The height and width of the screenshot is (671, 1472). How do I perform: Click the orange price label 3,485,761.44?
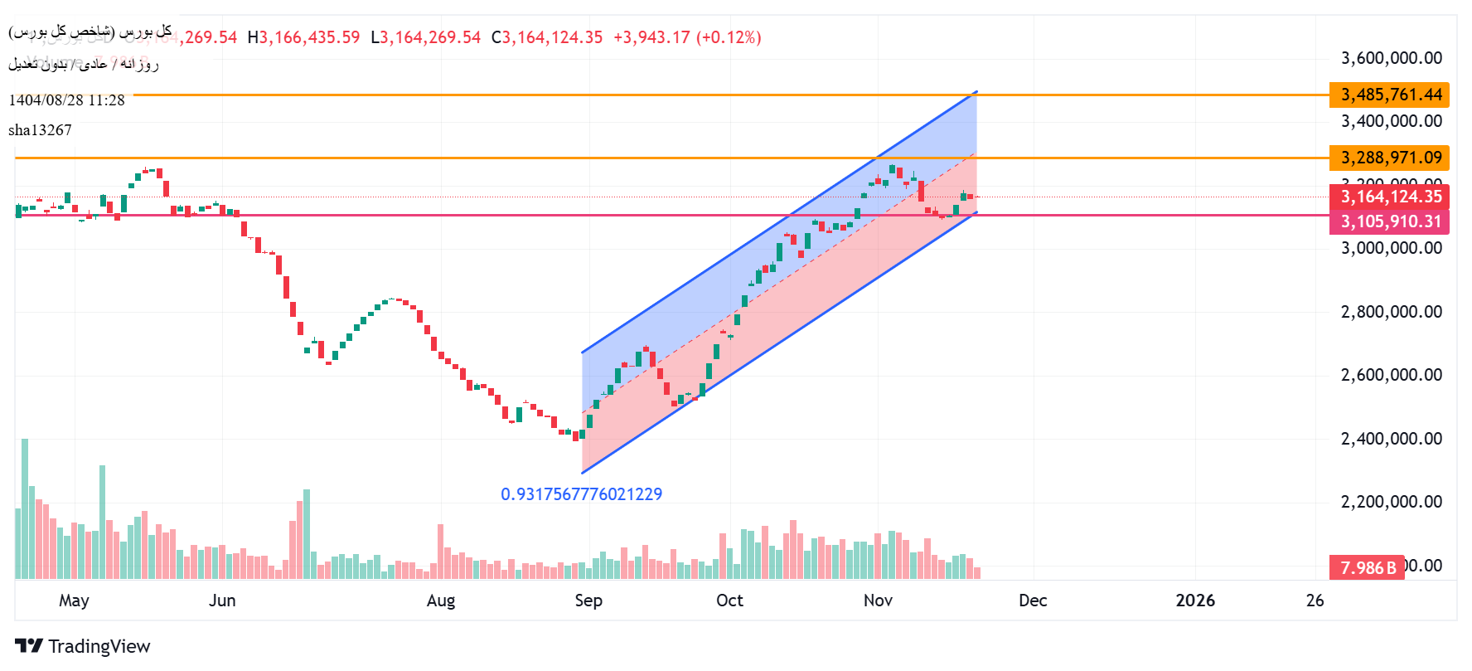pos(1390,95)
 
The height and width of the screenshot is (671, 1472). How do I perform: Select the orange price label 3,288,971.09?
pos(1390,158)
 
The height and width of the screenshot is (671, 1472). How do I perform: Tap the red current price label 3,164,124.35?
pos(1390,197)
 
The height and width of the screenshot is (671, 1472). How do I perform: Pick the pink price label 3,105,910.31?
pos(1390,221)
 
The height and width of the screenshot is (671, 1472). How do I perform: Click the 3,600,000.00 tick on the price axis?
pos(1392,58)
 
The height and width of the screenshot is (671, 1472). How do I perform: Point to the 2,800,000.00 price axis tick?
pos(1392,312)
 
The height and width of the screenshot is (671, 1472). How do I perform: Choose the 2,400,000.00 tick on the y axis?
pos(1392,439)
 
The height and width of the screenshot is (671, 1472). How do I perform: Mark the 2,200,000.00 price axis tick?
pos(1392,502)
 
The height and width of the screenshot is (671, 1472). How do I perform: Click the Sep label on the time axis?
pos(588,600)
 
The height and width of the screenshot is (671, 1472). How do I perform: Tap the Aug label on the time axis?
pos(441,600)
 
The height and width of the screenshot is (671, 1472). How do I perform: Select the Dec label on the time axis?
pos(1033,600)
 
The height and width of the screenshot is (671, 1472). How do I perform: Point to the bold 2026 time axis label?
pos(1195,600)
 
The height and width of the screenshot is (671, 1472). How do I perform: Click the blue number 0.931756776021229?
pos(581,494)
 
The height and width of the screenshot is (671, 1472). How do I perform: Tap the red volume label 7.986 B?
pos(1368,567)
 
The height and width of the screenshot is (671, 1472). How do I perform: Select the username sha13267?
pos(40,130)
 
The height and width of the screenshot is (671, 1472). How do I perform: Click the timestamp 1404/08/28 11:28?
pos(66,100)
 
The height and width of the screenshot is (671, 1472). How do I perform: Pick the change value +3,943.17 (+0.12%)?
pos(687,37)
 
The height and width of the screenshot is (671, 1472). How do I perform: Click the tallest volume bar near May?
pos(25,508)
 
